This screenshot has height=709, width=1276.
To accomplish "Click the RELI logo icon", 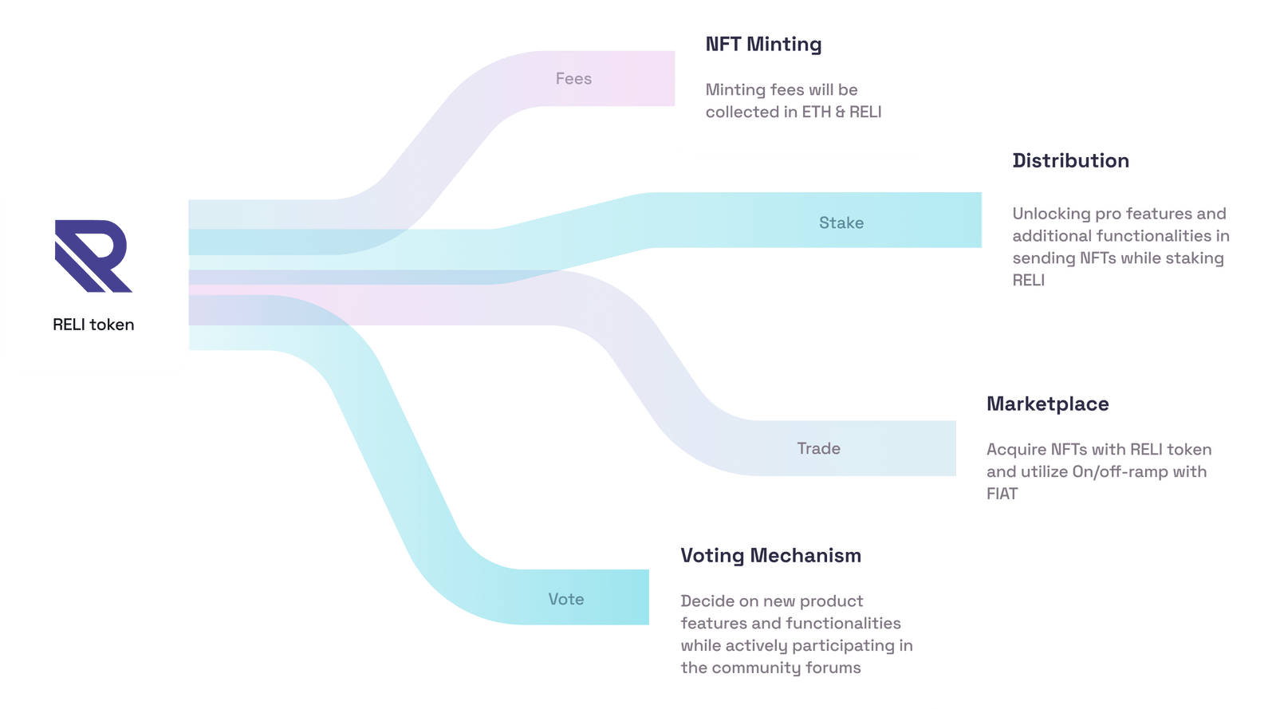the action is (x=93, y=256).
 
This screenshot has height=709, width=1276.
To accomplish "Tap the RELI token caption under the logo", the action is (x=93, y=325).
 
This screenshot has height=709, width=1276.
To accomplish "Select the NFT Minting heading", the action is (x=763, y=45).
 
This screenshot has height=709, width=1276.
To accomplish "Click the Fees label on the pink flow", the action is (x=573, y=79).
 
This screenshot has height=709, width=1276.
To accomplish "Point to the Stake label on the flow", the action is (x=841, y=223).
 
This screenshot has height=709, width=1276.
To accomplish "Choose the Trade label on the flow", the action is (x=818, y=448).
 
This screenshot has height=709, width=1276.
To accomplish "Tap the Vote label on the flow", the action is (x=566, y=599).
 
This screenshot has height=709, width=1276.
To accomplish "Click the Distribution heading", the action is (x=1071, y=160).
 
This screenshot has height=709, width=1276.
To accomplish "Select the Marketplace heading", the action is (x=1048, y=404).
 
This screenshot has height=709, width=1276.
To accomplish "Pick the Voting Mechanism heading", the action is (x=770, y=556).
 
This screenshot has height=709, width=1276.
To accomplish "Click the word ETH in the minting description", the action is (x=817, y=112).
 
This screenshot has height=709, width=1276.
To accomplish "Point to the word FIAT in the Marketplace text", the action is (x=1002, y=494).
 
